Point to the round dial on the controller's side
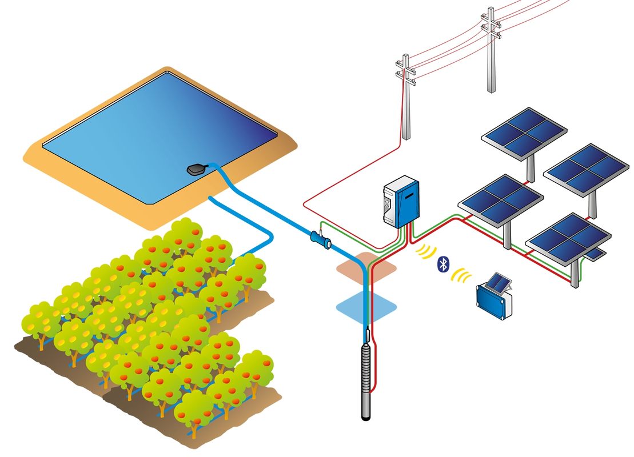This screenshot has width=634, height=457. (x=389, y=203)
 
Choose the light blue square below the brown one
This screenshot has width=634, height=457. (x=366, y=307)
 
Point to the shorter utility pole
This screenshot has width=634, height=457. (x=406, y=97)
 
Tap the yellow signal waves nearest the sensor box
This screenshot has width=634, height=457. (x=462, y=276)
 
